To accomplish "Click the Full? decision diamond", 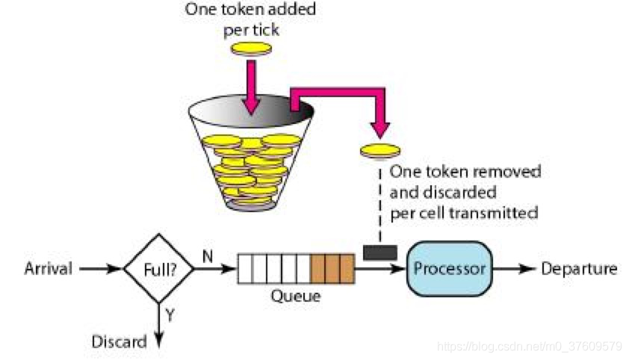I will point(159,268).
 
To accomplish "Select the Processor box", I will point(450,268).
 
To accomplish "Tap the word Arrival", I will point(48,269).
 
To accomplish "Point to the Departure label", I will point(579,269).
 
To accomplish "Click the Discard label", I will point(119,342).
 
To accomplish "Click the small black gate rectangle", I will point(379,252).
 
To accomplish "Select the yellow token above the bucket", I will point(250,49).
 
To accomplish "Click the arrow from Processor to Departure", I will point(515,269).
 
